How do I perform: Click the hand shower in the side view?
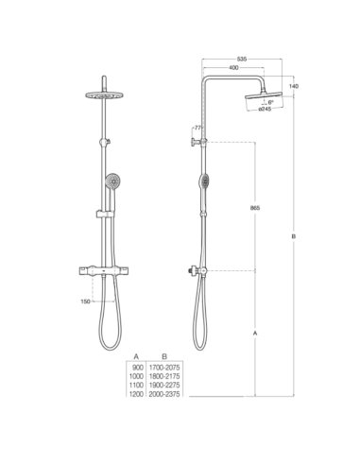(203, 182)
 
